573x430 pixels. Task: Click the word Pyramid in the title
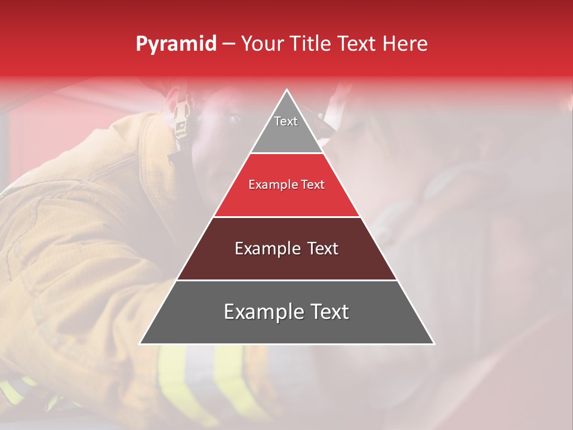tap(176, 44)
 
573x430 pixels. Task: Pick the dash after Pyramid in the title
tap(229, 44)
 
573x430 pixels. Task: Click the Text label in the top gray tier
tap(286, 121)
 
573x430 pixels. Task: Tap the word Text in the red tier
tap(313, 185)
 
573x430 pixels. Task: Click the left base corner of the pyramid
tap(141, 343)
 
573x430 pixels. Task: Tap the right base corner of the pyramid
tap(433, 343)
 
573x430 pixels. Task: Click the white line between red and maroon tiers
tap(287, 217)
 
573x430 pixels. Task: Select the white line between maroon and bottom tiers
tap(287, 280)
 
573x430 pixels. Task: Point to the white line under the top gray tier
tap(287, 153)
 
